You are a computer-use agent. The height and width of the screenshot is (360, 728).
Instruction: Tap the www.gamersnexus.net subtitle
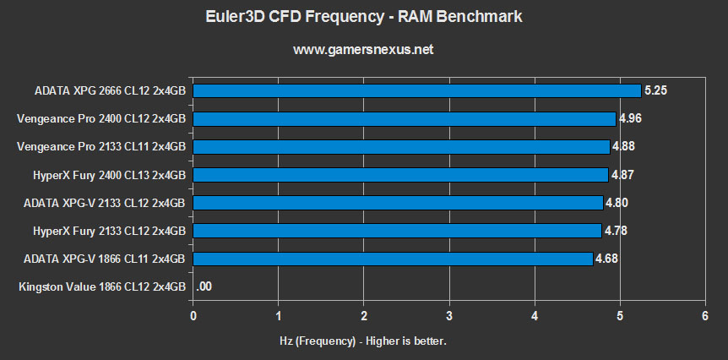pyautogui.click(x=363, y=50)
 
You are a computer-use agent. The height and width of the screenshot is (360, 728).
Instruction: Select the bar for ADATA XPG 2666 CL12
pyautogui.click(x=417, y=90)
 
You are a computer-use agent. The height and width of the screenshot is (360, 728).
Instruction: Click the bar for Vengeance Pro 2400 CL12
pyautogui.click(x=405, y=118)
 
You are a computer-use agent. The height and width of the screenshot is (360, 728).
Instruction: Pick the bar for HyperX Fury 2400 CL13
pyautogui.click(x=401, y=175)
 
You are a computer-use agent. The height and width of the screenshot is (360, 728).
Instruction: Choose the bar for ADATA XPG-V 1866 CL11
pyautogui.click(x=393, y=259)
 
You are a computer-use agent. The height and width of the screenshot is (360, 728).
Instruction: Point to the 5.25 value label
pyautogui.click(x=656, y=90)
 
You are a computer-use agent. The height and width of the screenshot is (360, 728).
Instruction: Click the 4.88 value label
pyautogui.click(x=623, y=146)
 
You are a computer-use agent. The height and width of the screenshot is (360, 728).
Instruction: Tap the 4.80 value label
pyautogui.click(x=617, y=203)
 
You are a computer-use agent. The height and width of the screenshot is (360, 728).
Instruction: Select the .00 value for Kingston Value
pyautogui.click(x=204, y=287)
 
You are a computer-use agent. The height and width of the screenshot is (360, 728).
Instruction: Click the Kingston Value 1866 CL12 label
pyautogui.click(x=101, y=287)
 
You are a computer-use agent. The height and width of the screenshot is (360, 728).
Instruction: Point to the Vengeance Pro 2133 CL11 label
pyautogui.click(x=101, y=146)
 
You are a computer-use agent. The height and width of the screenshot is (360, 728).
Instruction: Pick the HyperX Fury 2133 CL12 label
pyautogui.click(x=101, y=231)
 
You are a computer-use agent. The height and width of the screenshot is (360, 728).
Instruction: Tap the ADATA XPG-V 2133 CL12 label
pyautogui.click(x=101, y=203)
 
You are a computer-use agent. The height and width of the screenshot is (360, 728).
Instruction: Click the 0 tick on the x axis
pyautogui.click(x=194, y=316)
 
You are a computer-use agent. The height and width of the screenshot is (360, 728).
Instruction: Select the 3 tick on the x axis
pyautogui.click(x=449, y=316)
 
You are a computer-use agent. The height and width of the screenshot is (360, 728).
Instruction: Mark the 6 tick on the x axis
pyautogui.click(x=704, y=316)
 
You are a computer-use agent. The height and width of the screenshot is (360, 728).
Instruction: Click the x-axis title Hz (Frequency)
pyautogui.click(x=363, y=341)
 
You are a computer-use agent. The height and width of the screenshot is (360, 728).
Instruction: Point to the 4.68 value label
pyautogui.click(x=606, y=259)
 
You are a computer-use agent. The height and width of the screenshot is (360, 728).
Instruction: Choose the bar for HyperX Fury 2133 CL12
pyautogui.click(x=397, y=231)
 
